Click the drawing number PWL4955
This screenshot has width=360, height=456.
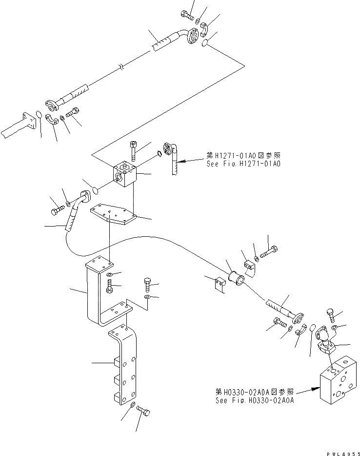(340, 452)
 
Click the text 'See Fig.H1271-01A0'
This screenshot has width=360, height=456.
(244, 164)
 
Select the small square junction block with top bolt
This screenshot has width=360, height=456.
(126, 177)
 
